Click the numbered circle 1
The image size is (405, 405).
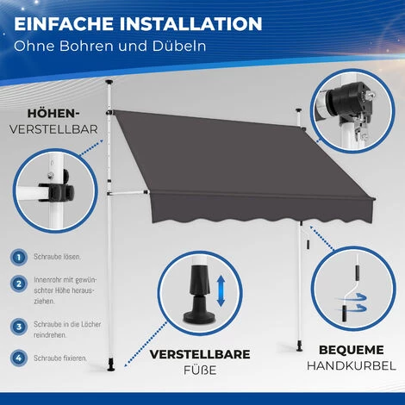pos(18,258)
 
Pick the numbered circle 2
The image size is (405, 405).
pos(18,283)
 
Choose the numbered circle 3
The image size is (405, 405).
pos(18,327)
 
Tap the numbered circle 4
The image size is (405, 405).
pos(18,357)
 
